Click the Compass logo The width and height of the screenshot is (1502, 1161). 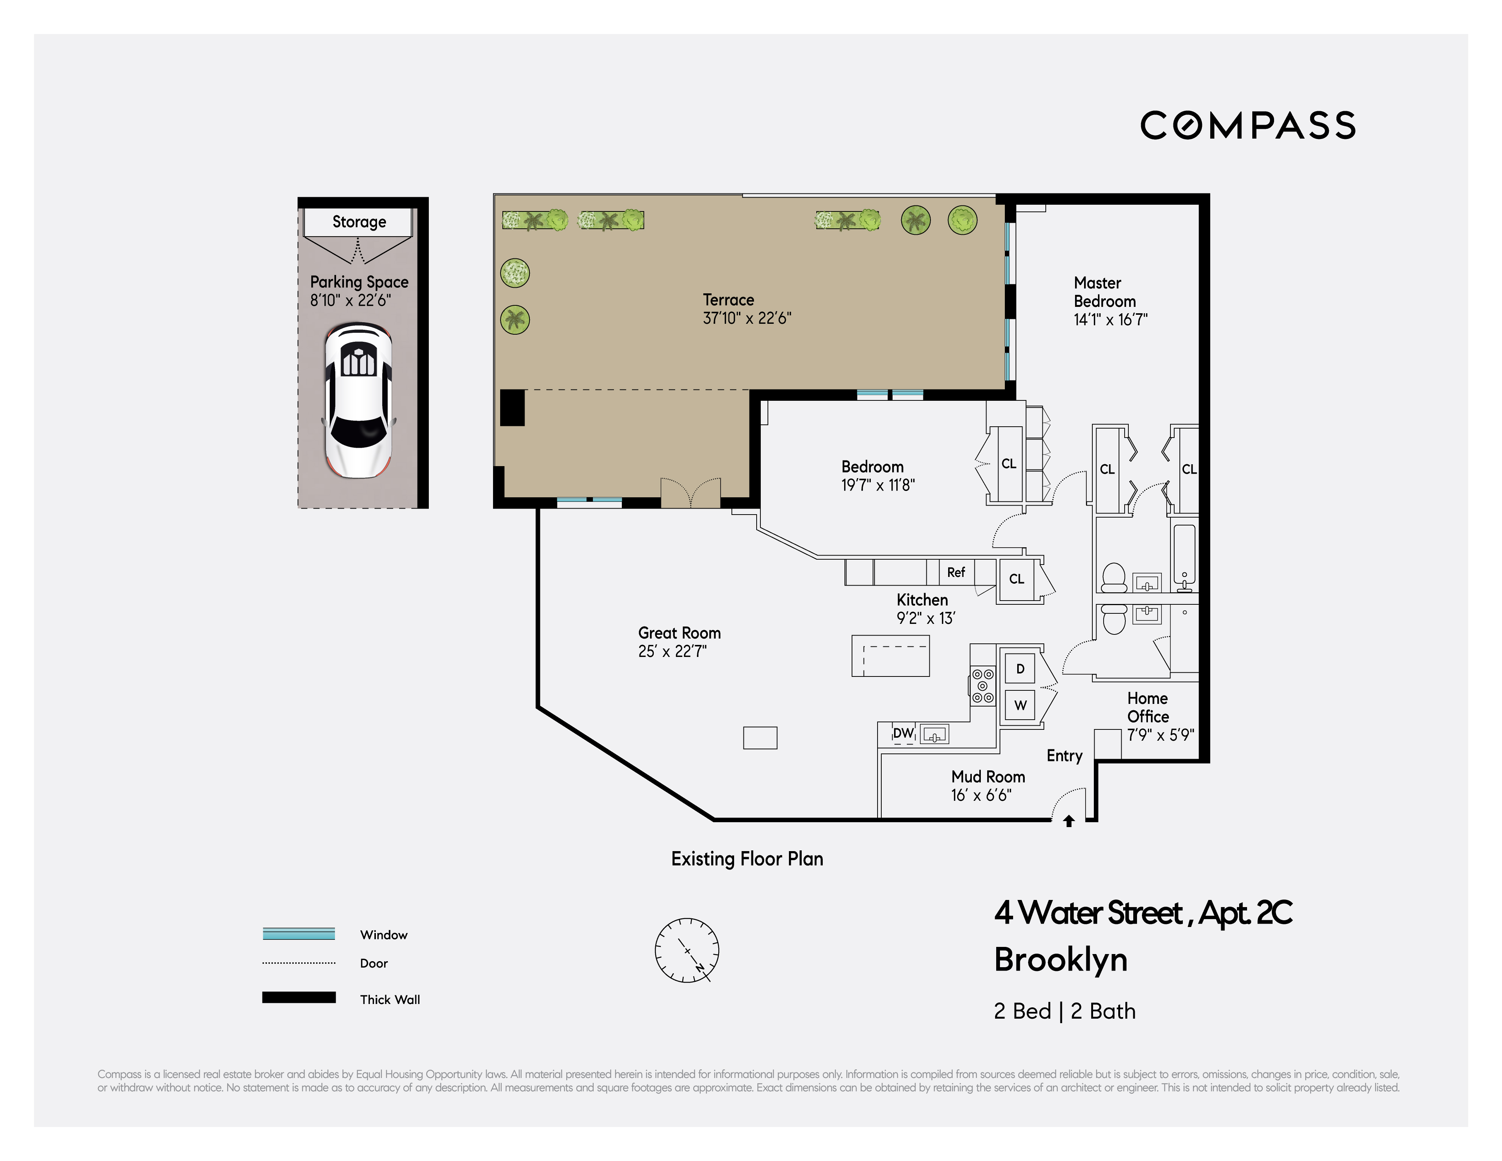click(1247, 125)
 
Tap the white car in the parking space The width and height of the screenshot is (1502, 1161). click(358, 400)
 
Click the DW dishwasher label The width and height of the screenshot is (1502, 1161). click(903, 733)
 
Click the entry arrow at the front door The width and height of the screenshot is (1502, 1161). click(1069, 821)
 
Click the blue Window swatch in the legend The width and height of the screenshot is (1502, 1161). click(299, 933)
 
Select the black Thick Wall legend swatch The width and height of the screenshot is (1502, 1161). click(299, 997)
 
